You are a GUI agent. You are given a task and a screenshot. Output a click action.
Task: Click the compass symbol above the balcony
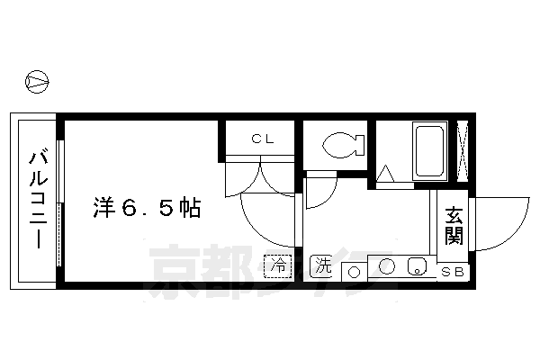tap(37, 82)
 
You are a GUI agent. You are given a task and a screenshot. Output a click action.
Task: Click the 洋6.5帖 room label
tap(145, 208)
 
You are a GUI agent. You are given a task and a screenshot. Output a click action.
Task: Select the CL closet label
tap(262, 139)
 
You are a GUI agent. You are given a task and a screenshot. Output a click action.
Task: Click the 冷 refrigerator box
tap(278, 265)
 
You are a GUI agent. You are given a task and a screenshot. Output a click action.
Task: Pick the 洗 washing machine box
tap(322, 265)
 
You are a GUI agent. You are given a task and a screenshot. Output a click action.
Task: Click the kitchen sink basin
tap(417, 266)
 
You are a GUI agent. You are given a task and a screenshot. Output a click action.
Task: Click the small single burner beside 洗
tap(353, 271)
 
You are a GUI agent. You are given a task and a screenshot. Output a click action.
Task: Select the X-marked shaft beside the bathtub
tap(463, 149)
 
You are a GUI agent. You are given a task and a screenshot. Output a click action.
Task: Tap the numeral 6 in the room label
tap(135, 209)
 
